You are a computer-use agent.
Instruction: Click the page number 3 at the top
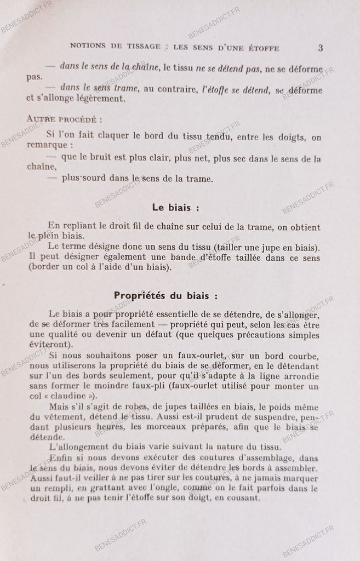pos(321,48)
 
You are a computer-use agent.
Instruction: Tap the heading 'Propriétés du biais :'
pos(165,295)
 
